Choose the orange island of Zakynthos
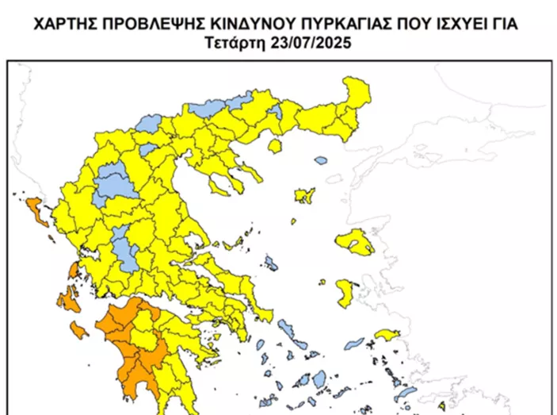[78, 329]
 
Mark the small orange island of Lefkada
[73, 271]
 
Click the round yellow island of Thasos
[276, 147]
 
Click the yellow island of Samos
[387, 334]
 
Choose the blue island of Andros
[286, 329]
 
